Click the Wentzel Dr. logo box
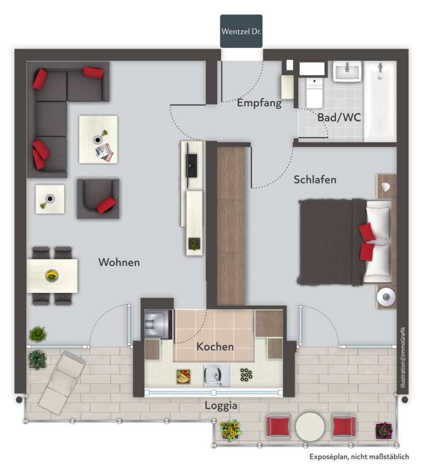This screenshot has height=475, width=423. click(x=241, y=31)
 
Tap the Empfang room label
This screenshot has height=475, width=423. click(x=259, y=103)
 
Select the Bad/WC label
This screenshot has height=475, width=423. click(x=339, y=117)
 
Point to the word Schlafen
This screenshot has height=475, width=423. click(x=315, y=179)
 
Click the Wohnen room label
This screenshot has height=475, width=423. click(x=119, y=262)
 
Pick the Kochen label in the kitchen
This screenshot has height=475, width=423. click(x=215, y=347)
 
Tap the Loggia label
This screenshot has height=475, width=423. click(x=221, y=406)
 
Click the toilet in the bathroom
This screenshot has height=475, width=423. click(x=314, y=92)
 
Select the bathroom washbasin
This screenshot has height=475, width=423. click(x=348, y=72)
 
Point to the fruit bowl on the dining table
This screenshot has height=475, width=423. click(x=52, y=276)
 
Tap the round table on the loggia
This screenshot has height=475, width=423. click(x=310, y=427)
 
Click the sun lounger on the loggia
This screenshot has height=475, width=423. click(x=62, y=382)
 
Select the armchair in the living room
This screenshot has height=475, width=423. click(x=98, y=198)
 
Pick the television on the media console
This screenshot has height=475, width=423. click(x=191, y=165)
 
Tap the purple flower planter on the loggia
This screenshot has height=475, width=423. click(x=384, y=431)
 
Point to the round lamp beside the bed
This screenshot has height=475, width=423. click(x=386, y=297)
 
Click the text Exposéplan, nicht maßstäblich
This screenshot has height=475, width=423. click(x=359, y=457)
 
